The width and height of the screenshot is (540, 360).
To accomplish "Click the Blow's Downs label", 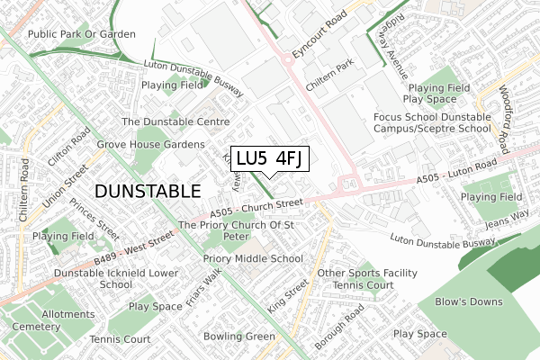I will [x=472, y=301].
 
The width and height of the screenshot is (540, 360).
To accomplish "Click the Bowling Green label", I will [x=238, y=337].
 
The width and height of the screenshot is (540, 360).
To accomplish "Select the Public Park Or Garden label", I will [x=81, y=33].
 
